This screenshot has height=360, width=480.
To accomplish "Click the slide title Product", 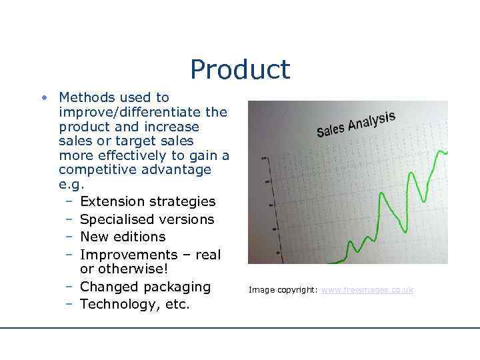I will (x=240, y=69).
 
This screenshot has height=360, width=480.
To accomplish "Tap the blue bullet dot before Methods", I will (x=43, y=98).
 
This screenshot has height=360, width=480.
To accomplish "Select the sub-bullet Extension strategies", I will (x=147, y=201).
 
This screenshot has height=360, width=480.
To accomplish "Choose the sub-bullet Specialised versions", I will (x=147, y=219).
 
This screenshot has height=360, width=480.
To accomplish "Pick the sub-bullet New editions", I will (x=123, y=237).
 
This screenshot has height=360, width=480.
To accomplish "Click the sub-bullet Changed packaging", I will (x=145, y=287).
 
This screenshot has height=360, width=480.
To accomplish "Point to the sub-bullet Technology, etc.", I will (x=135, y=305).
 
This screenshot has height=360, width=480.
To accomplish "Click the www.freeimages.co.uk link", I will (x=367, y=290).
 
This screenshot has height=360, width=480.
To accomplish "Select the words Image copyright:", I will (x=283, y=290).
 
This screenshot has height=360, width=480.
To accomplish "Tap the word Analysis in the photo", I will (x=371, y=121).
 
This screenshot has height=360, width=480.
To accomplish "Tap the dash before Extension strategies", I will (x=69, y=201).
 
